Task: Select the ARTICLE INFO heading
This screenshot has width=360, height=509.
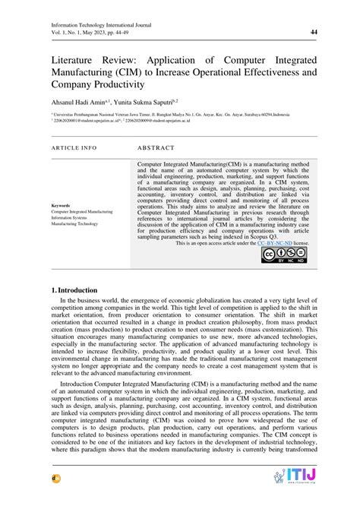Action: pyautogui.click(x=74, y=147)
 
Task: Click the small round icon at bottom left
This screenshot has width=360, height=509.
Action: pyautogui.click(x=56, y=497)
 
